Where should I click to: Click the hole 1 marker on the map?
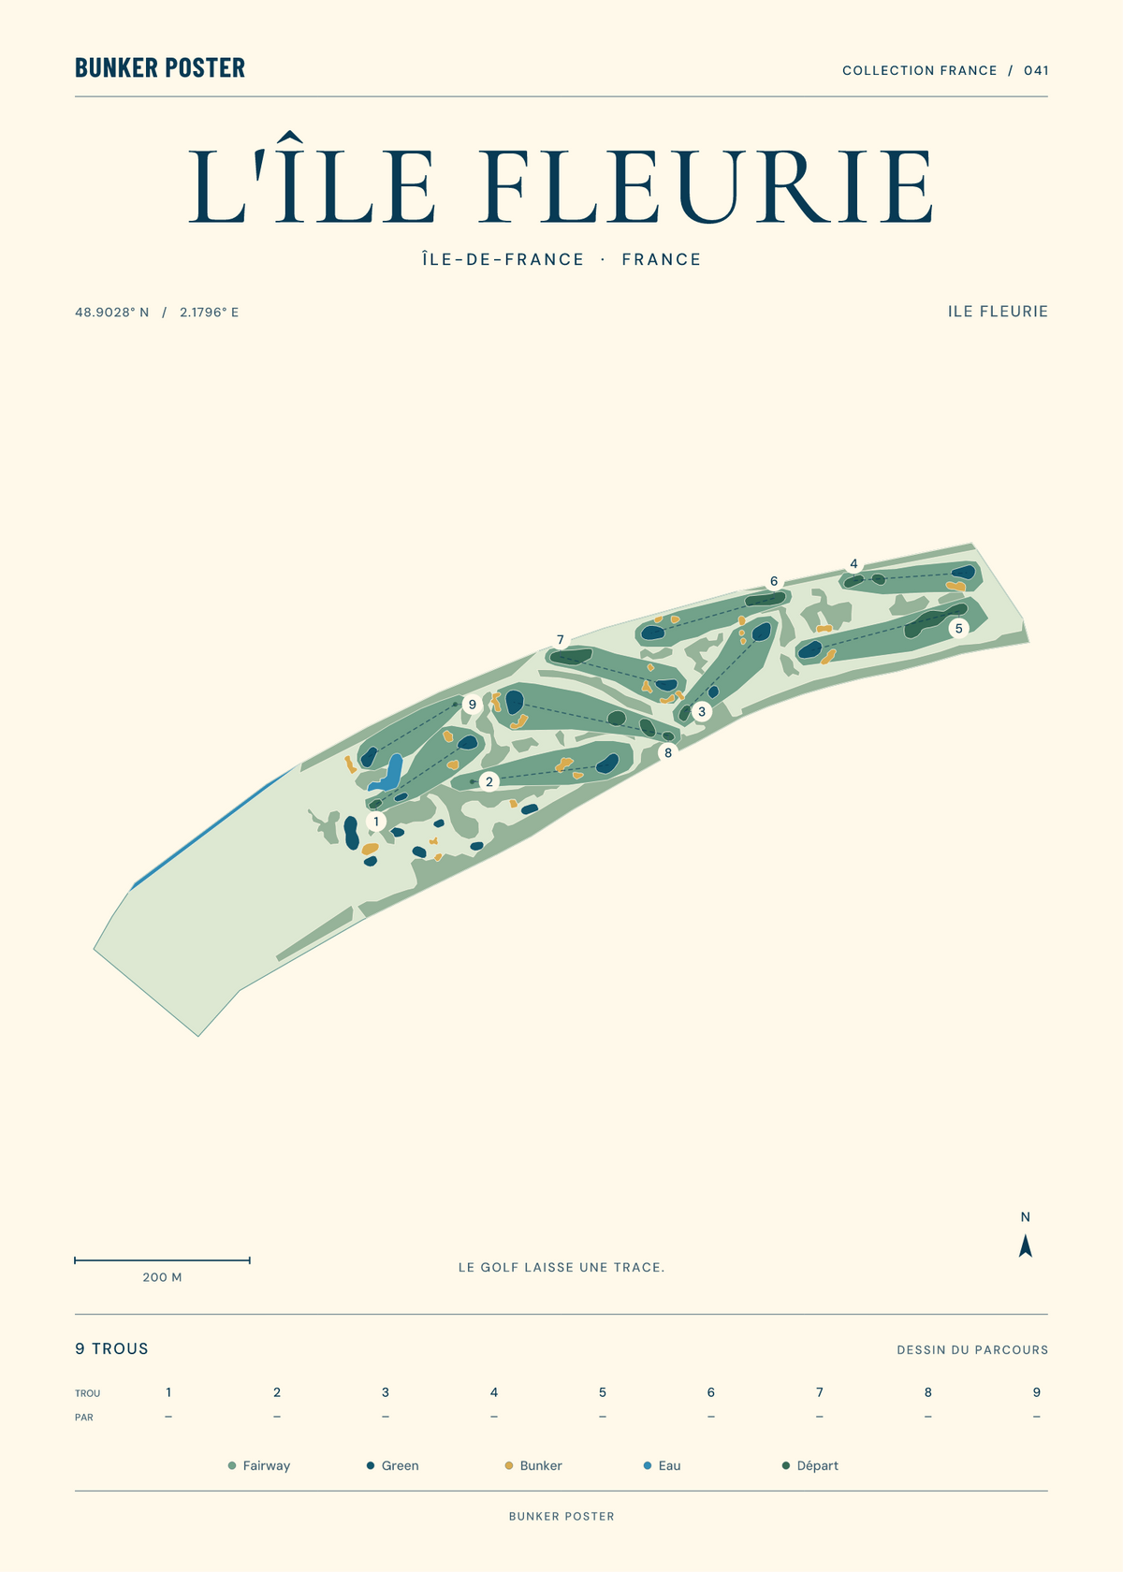point(376,822)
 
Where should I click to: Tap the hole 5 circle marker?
point(958,628)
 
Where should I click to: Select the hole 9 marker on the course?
point(473,704)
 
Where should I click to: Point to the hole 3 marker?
point(701,711)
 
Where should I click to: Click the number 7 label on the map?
point(560,639)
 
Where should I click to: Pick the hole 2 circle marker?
point(489,781)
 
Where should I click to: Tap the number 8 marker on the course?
point(668,753)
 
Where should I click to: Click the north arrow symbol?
point(1026,1245)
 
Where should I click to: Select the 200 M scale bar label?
point(162,1277)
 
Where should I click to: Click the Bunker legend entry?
point(533,1465)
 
